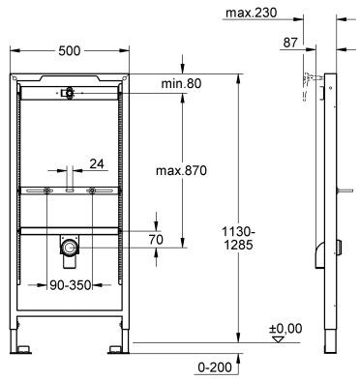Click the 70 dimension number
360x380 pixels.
coord(155,237)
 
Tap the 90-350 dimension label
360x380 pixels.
coord(72,287)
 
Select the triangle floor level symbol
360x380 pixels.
coord(279,340)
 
